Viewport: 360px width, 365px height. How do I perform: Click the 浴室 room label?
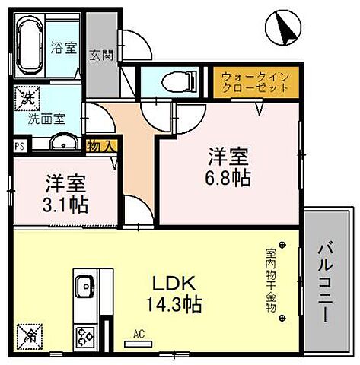(64, 48)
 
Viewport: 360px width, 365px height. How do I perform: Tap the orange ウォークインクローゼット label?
(254, 82)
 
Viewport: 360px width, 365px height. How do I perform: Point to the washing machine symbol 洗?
(26, 98)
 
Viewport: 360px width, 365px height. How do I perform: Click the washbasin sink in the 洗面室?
(63, 141)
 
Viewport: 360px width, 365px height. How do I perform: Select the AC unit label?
(139, 335)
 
